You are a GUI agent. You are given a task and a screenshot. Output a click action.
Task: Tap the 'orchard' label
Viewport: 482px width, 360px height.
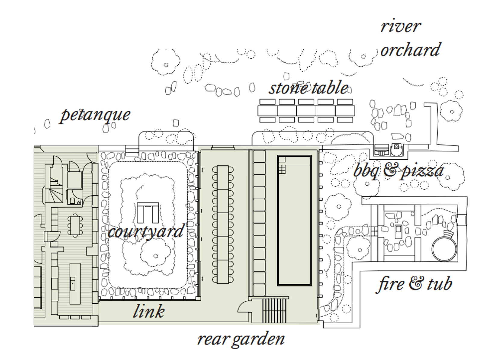411,49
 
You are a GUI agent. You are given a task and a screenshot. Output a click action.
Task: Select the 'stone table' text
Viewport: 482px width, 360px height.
308,88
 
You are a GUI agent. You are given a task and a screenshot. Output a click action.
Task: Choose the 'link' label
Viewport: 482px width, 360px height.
149,311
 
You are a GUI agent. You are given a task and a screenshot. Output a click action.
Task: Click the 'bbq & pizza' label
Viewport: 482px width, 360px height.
399,171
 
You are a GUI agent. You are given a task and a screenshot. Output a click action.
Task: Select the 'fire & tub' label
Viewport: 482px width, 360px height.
414,284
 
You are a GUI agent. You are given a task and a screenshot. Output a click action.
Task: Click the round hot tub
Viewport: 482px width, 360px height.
444,249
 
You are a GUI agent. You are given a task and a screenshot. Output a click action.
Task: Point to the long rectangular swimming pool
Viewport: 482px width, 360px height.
294,221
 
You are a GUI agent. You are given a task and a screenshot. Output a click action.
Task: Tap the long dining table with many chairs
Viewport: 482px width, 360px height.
223,224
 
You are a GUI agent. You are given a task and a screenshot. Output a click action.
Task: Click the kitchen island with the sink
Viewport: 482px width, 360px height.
75,283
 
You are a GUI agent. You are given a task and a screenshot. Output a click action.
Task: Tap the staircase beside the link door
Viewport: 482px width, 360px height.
274,310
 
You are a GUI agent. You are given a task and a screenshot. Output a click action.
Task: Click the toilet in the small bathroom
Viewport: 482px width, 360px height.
72,201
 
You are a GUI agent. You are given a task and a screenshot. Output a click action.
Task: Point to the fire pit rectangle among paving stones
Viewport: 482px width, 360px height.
398,232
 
